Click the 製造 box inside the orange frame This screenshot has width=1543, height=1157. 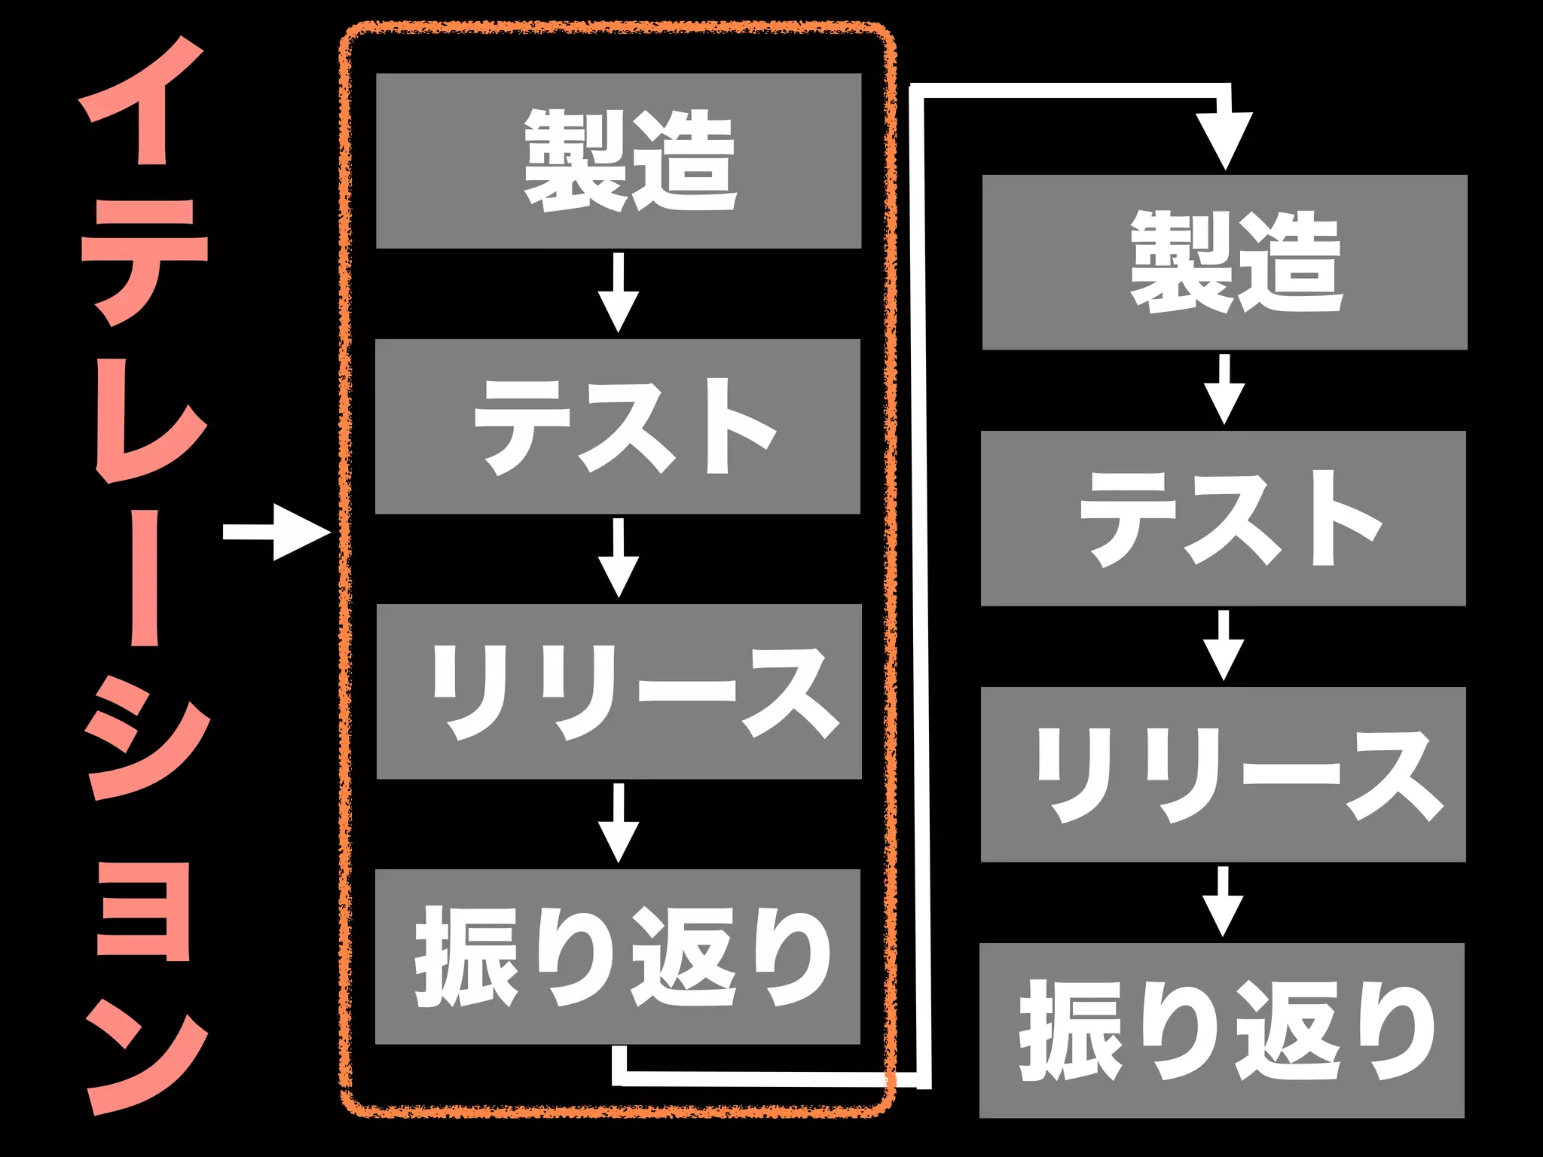pos(618,160)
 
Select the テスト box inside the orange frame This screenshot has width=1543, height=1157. pos(618,426)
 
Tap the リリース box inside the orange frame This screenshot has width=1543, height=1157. pos(618,691)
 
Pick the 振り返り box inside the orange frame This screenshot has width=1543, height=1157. pos(618,957)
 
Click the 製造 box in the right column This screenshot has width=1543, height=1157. pos(1224,262)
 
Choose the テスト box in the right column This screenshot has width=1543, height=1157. pos(1224,518)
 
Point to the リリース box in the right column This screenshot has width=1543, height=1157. pos(1224,774)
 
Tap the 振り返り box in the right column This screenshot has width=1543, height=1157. pos(1222,1030)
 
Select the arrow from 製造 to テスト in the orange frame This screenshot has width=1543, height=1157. pos(619,292)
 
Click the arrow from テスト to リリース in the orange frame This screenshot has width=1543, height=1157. pos(619,557)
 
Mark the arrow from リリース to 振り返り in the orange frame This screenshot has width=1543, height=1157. pos(619,823)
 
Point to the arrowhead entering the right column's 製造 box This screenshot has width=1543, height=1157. pos(1226,139)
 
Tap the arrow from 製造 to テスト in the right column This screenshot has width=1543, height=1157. pos(1224,389)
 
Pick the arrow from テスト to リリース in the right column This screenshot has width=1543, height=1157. pos(1224,646)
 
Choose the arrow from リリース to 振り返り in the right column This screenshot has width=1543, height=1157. pos(1223,902)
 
